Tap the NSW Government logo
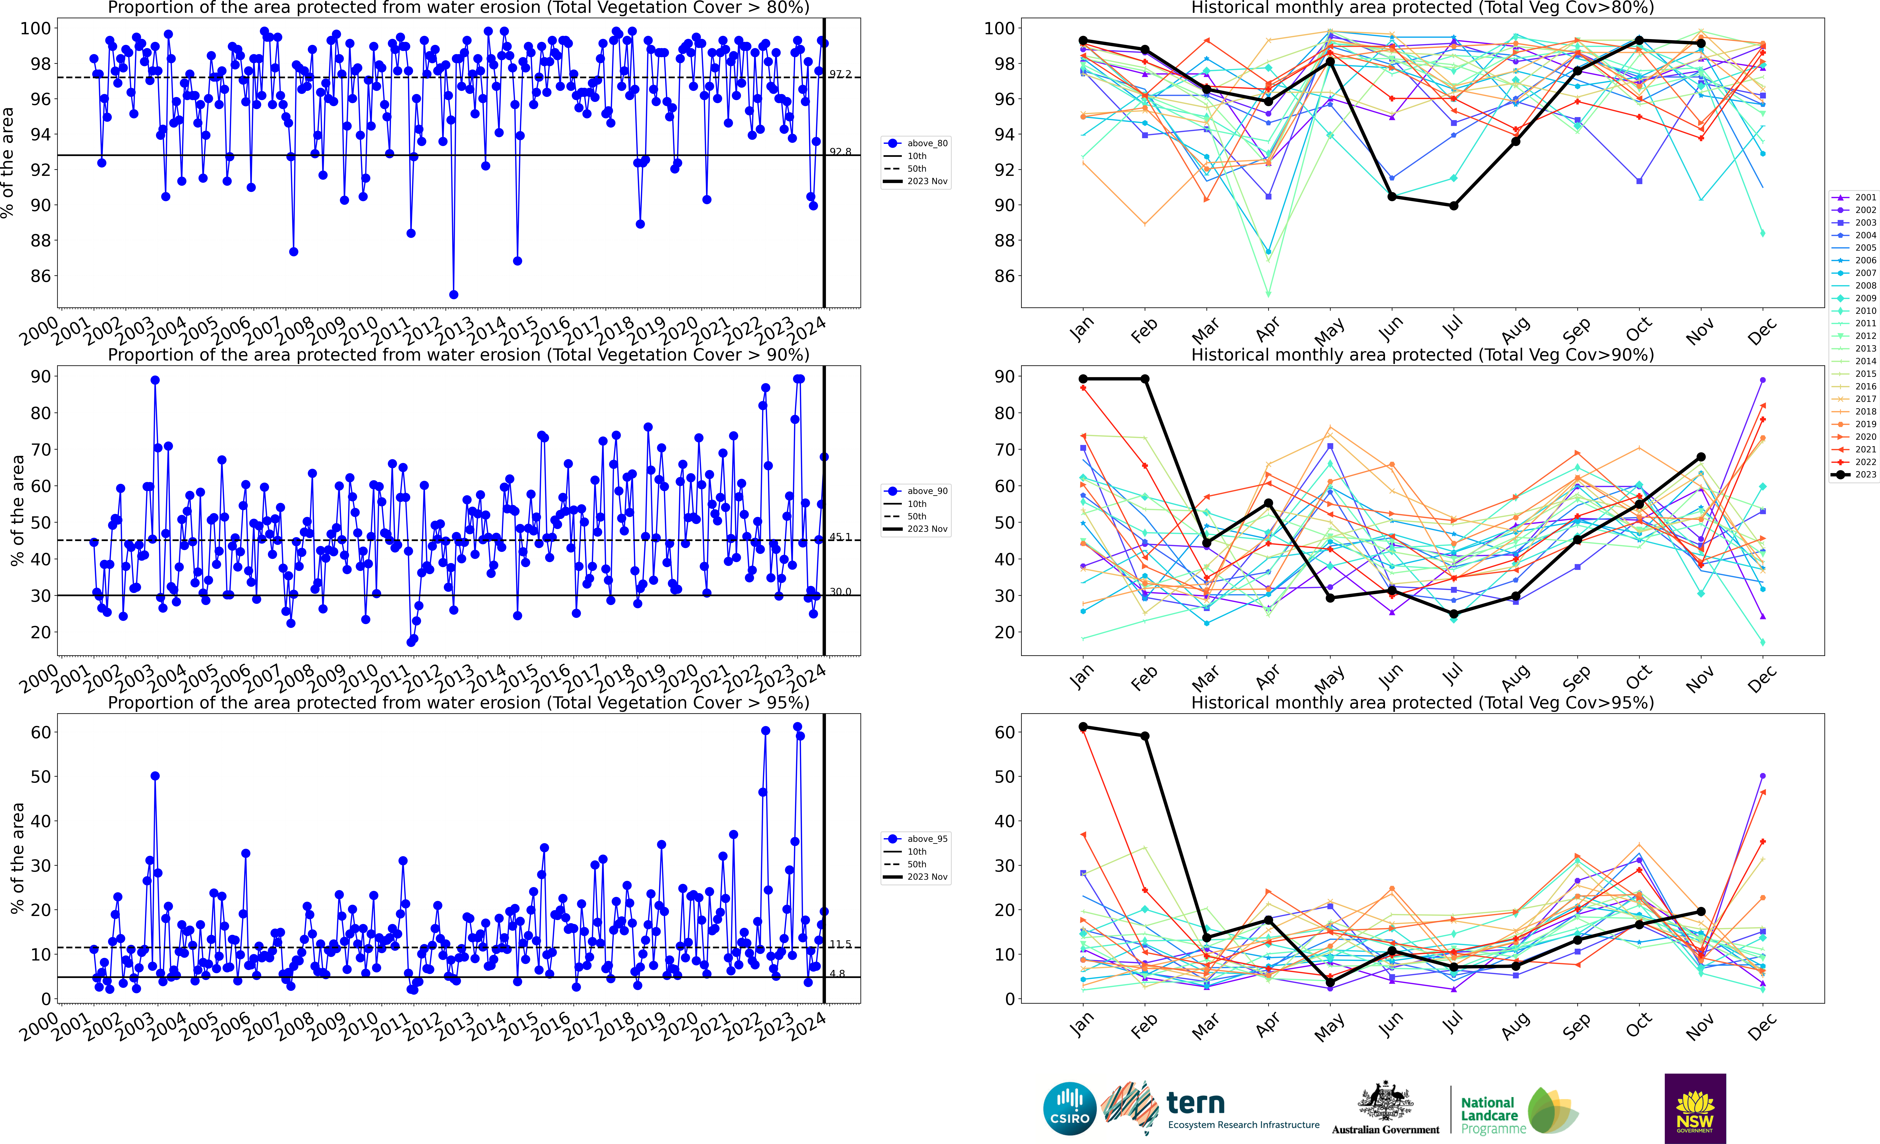click(1695, 1108)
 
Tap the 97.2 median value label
click(840, 74)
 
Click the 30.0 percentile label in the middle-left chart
click(840, 592)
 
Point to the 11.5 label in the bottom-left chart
click(840, 944)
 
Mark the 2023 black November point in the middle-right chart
click(1701, 457)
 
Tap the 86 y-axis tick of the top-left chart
click(41, 276)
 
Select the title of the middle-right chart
click(1422, 355)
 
